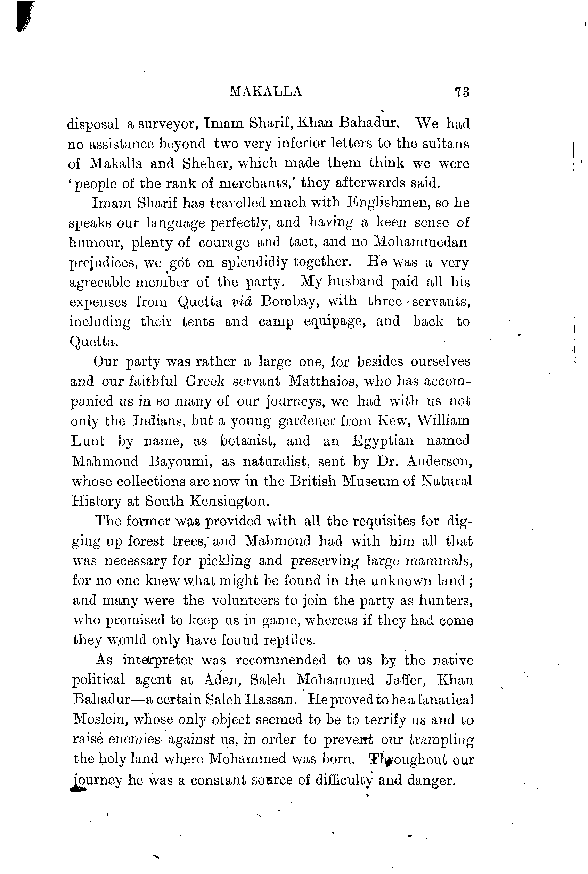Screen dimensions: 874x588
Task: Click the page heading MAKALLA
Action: [266, 91]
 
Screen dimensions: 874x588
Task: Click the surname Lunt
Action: [88, 441]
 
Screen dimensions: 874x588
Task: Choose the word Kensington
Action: [229, 501]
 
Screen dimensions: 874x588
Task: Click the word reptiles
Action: [288, 640]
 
